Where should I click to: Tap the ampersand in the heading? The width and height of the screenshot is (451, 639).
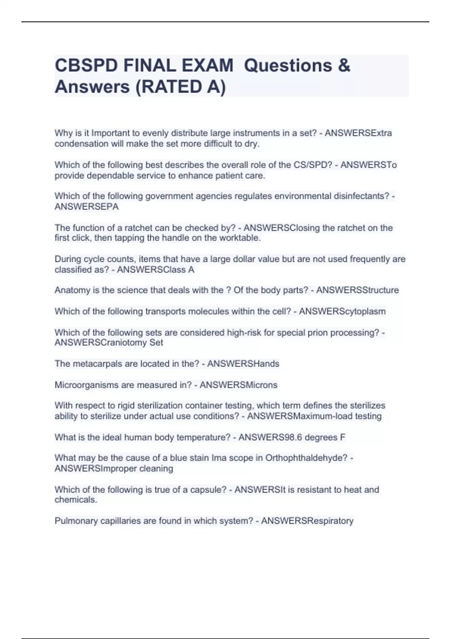pyautogui.click(x=344, y=66)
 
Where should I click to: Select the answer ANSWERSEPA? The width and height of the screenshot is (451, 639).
pyautogui.click(x=86, y=207)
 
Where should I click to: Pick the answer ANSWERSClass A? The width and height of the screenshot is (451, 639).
pyautogui.click(x=156, y=270)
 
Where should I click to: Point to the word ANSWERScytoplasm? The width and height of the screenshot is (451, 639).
pyautogui.click(x=342, y=311)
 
